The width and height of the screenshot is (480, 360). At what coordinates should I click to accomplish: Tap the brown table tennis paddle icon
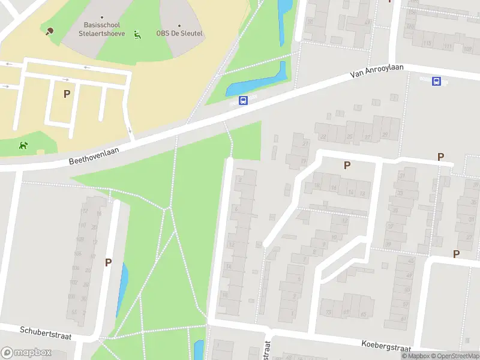[49, 31]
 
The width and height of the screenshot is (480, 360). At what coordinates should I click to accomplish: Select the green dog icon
[23, 145]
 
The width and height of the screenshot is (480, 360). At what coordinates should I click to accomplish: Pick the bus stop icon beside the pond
[244, 101]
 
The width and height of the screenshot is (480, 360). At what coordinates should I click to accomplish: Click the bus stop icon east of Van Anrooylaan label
[437, 81]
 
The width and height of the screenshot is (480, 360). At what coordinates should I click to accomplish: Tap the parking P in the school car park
[67, 94]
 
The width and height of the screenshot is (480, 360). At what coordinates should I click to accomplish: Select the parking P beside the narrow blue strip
[108, 262]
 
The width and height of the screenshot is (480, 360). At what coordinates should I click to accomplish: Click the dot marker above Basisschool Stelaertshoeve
[102, 17]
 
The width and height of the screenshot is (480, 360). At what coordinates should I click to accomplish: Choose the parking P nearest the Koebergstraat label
[456, 254]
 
